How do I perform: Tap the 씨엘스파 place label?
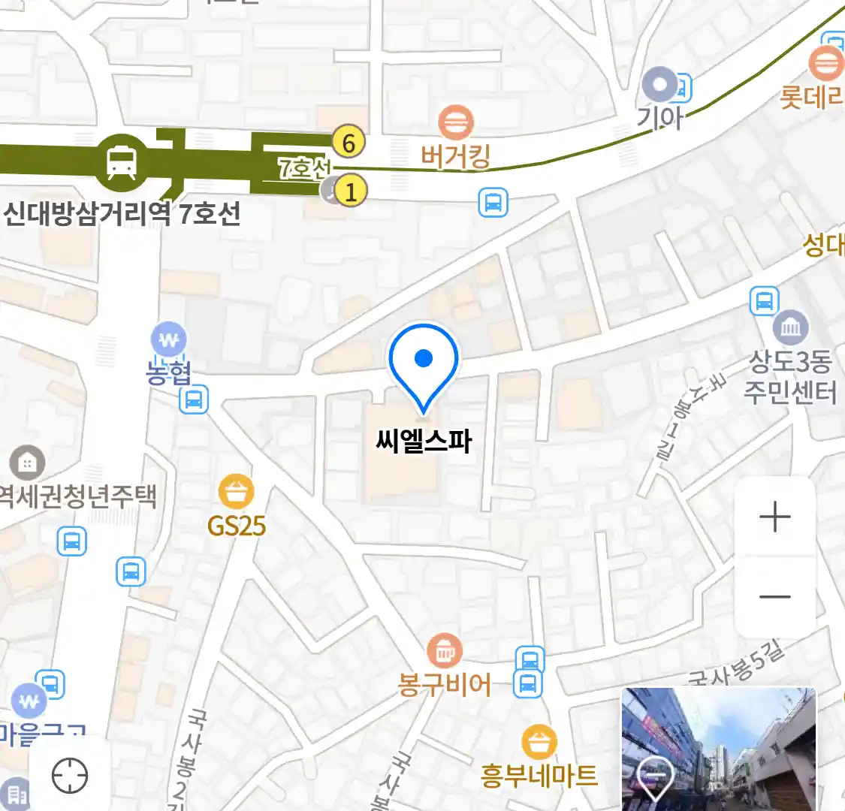point(424,441)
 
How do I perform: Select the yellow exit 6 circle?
point(349,142)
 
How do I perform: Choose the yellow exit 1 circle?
point(350,191)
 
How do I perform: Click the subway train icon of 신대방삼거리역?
point(122,161)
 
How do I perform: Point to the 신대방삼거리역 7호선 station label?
point(122,214)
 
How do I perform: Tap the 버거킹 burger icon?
point(455,122)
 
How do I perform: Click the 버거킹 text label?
point(455,157)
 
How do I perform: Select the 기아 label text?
point(659,118)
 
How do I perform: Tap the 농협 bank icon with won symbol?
point(169,340)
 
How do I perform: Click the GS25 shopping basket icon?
point(236,493)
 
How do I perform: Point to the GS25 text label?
point(237,526)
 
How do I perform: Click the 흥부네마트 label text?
point(539,775)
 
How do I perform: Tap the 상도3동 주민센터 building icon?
point(791,328)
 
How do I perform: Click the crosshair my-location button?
point(70,776)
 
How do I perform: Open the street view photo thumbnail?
point(718,749)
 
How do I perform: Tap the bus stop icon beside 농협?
point(194,399)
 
